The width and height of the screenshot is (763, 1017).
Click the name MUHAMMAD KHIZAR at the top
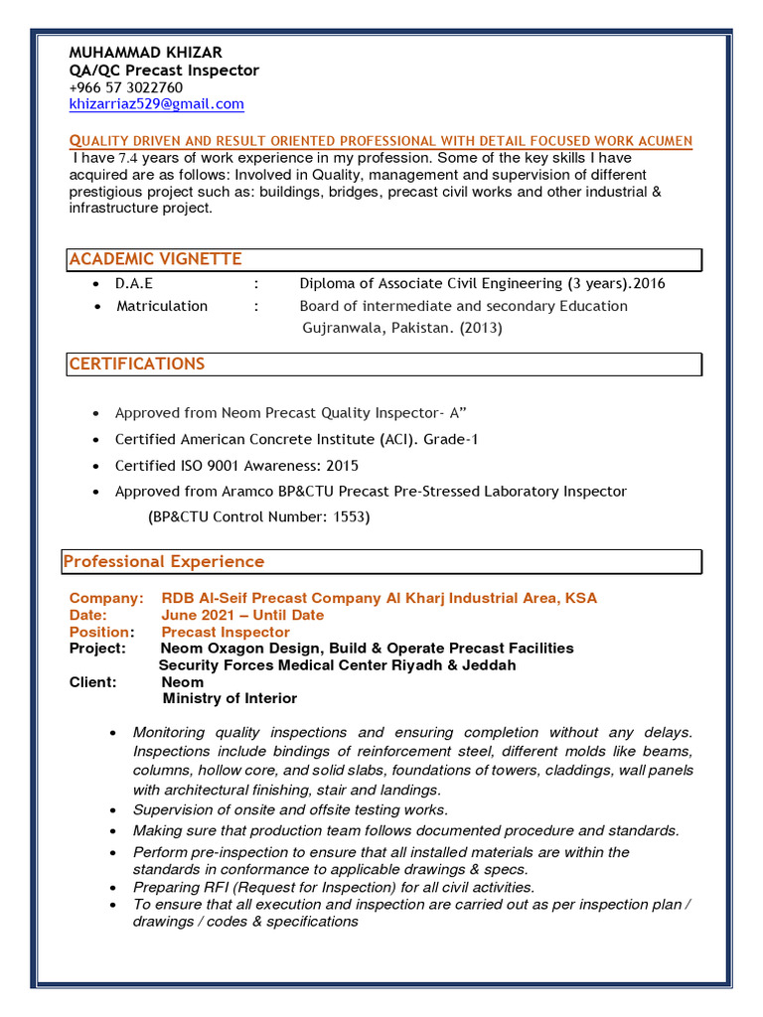coord(145,52)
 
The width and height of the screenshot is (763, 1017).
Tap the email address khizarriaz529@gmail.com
coord(156,104)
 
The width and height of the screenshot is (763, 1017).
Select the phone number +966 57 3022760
coord(125,87)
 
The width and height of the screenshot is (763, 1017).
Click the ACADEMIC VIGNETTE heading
coord(155,259)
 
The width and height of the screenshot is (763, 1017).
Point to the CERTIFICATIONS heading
coord(137,363)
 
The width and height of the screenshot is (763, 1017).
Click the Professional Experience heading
coord(164,561)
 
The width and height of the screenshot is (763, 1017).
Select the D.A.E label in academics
coord(134,283)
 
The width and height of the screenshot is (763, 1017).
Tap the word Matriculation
coord(162,306)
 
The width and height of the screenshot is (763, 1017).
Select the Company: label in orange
coord(106,598)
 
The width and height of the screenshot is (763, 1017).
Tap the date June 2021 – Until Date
coord(242,615)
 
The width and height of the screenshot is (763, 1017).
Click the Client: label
coord(93,682)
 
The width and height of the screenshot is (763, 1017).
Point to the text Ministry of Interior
coord(229,698)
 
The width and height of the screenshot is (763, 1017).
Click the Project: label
coord(97,648)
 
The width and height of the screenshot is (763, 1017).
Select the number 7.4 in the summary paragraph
coord(129,158)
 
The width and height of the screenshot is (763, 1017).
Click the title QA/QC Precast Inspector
coord(164,71)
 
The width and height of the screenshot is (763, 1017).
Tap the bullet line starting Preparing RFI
coord(334,887)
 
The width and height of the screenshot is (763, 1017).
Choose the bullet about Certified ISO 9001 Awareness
coord(236,465)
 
